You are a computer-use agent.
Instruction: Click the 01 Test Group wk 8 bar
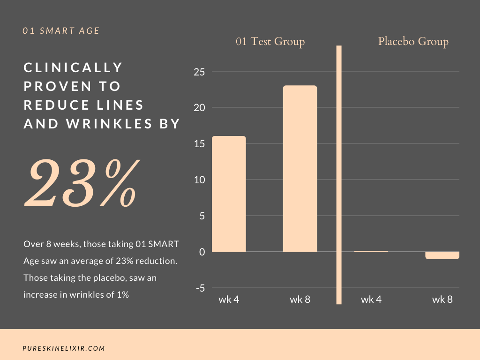click(x=300, y=169)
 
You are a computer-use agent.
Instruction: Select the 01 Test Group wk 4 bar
click(x=229, y=194)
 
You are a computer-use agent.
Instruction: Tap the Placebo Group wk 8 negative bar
click(x=442, y=255)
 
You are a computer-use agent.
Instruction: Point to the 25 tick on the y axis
click(x=200, y=72)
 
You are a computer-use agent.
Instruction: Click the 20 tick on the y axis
click(x=200, y=108)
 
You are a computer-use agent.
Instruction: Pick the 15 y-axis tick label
click(x=200, y=144)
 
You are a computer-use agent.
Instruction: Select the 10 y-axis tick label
click(x=200, y=180)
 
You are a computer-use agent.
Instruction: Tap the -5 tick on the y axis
click(x=200, y=288)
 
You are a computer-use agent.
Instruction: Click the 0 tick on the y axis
click(x=202, y=252)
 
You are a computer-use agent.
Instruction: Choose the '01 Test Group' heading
click(x=270, y=42)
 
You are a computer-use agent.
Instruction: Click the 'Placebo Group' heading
click(x=413, y=42)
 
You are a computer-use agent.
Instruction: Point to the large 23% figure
click(x=82, y=184)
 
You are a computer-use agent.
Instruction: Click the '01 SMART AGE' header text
click(x=61, y=31)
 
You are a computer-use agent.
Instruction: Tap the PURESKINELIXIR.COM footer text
click(x=64, y=348)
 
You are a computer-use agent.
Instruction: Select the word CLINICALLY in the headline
click(x=73, y=67)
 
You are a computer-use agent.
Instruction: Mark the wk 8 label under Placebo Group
click(x=442, y=300)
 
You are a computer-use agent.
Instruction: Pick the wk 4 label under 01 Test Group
click(x=229, y=300)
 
